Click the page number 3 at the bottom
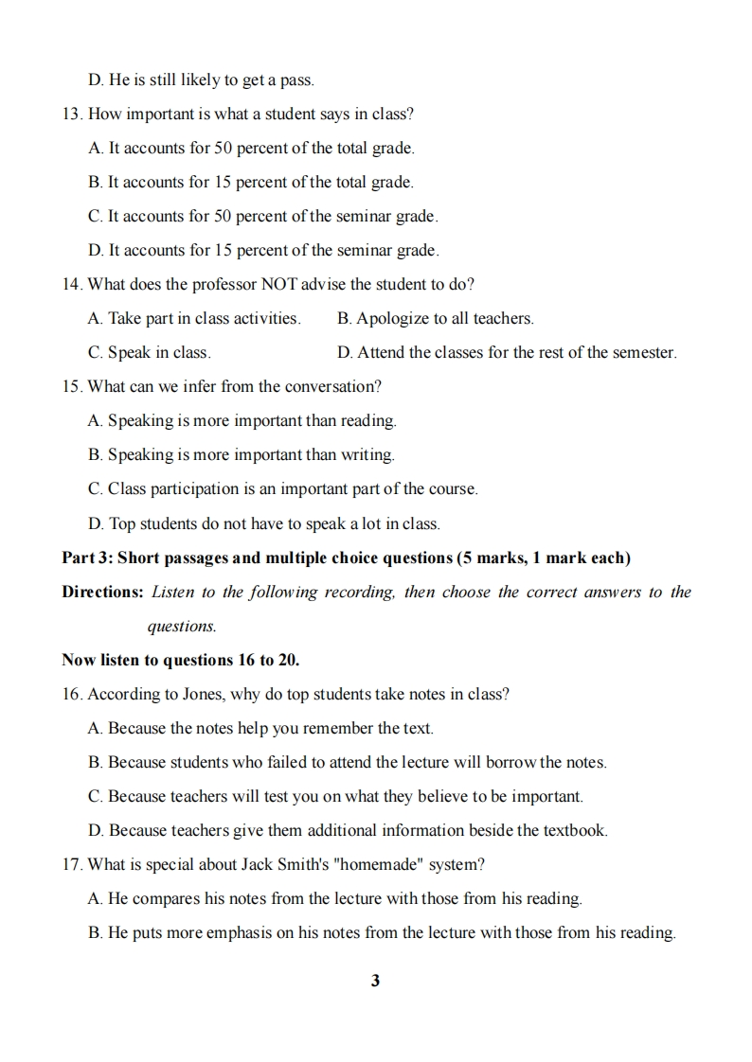[375, 981]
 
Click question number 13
[72, 114]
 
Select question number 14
[72, 284]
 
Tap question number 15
[72, 386]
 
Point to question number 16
[72, 694]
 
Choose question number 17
[72, 864]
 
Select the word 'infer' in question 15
[218, 386]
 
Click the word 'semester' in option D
[643, 352]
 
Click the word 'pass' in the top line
[297, 80]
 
